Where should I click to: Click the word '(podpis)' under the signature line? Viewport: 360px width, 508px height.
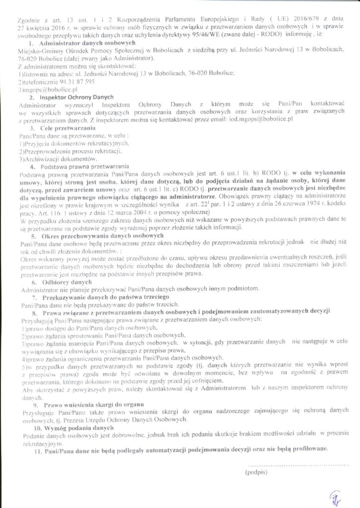coord(256,472)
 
